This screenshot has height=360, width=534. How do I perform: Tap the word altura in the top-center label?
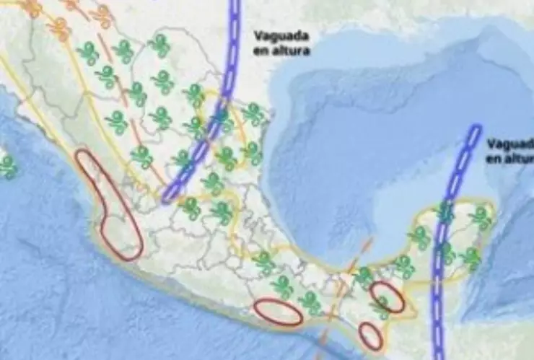292,51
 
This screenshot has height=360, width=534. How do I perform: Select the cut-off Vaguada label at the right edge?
509,144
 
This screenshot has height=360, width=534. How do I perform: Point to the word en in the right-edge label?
493,158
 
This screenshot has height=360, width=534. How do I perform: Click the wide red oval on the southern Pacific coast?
278,312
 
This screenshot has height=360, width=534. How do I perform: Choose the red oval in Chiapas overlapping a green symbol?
387,297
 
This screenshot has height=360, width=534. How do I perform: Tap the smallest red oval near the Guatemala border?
370,335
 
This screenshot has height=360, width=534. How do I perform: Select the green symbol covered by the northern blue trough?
221,118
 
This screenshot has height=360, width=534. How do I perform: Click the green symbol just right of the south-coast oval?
311,303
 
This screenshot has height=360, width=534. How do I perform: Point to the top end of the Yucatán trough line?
474,130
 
